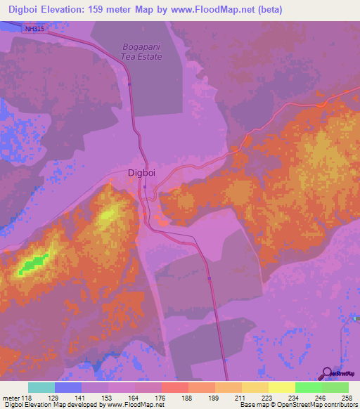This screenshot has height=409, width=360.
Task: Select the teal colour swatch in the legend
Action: point(41,387)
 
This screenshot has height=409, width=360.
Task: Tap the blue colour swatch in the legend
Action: point(68,387)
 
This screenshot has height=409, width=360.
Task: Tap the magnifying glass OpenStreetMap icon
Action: point(328,373)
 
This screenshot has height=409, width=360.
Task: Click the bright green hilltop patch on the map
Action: point(32,264)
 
